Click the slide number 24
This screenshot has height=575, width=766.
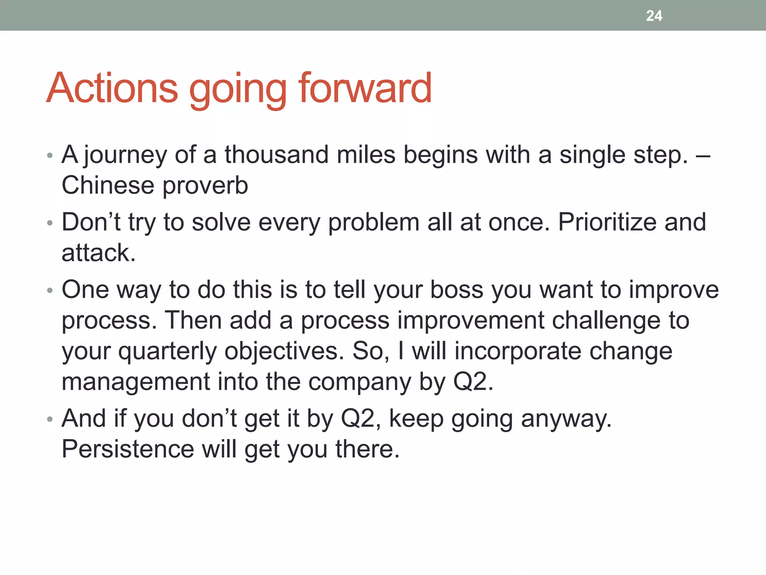tap(654, 16)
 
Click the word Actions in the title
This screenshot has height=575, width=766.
tap(112, 88)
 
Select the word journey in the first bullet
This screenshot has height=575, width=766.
tap(125, 155)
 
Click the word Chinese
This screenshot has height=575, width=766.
tap(108, 185)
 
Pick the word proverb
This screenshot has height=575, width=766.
tap(205, 186)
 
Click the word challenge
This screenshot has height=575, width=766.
tap(606, 321)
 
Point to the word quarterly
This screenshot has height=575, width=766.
tap(167, 352)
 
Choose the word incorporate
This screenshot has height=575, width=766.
tap(518, 352)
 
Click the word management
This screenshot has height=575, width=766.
tap(136, 382)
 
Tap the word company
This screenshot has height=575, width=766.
tap(360, 382)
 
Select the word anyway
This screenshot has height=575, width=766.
tap(566, 419)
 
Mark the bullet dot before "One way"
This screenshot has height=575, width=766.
tap(50, 290)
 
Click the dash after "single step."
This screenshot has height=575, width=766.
tap(703, 155)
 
